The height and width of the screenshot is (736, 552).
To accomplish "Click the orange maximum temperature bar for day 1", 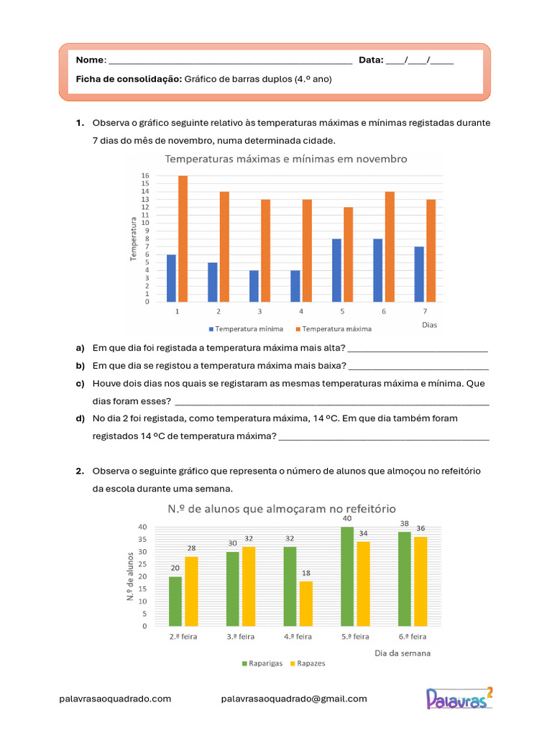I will click(183, 239).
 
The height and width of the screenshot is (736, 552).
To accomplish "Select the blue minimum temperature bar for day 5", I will click(337, 270).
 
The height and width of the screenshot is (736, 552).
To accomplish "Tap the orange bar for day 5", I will click(349, 254).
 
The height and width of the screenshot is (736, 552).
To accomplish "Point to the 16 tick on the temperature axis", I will click(144, 175).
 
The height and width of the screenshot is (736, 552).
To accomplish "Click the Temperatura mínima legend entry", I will click(244, 328).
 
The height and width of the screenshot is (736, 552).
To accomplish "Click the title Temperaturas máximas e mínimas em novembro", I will click(286, 159).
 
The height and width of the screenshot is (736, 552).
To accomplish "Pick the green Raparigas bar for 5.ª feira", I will click(348, 576).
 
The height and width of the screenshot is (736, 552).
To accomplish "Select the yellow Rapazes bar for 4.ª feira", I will click(306, 604).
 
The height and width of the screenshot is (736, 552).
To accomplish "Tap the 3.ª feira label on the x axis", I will click(240, 637).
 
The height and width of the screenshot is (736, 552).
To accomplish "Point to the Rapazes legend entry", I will click(306, 663).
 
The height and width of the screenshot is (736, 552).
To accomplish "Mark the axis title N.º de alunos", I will click(131, 575).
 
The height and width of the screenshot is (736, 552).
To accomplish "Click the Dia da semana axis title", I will click(402, 653).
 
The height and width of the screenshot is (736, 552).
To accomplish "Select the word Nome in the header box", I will click(90, 60).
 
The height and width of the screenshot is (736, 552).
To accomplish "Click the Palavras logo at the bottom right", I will click(460, 697).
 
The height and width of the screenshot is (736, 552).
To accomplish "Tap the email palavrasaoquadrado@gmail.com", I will click(294, 699).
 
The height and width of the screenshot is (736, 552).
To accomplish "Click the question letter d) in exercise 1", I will click(80, 418).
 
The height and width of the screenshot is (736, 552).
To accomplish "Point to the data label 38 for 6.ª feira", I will click(405, 524).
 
